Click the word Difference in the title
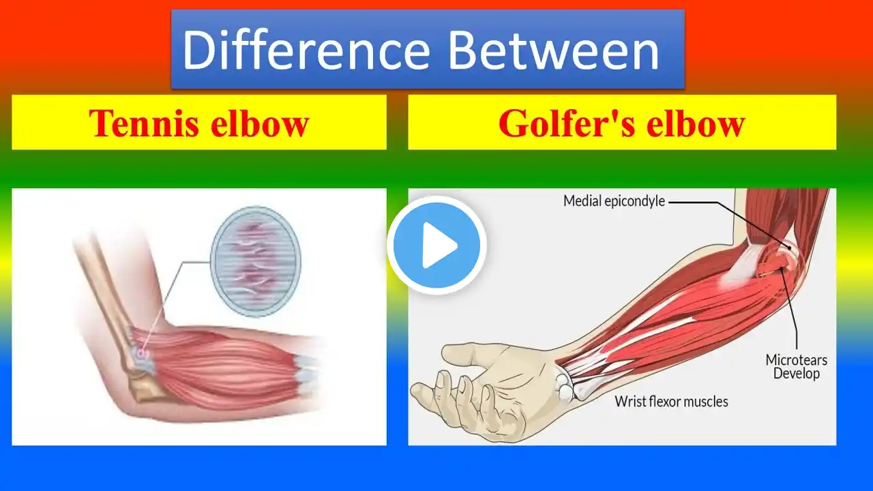(x=306, y=50)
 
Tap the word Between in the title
(x=554, y=50)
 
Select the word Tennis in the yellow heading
(x=143, y=123)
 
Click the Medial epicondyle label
(x=615, y=201)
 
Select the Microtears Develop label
(x=796, y=366)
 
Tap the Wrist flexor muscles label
(x=672, y=402)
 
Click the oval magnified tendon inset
(x=256, y=261)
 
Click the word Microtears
(x=796, y=359)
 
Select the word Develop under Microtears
(x=796, y=373)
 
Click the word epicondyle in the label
(x=634, y=202)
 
